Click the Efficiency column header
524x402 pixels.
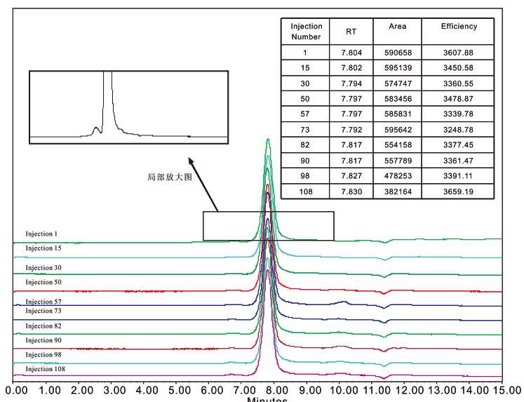click(459, 27)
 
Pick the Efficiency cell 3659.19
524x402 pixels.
click(459, 191)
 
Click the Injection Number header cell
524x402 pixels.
click(306, 32)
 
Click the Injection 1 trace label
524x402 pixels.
click(41, 234)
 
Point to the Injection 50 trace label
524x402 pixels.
click(43, 282)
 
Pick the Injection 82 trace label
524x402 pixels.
click(43, 326)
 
